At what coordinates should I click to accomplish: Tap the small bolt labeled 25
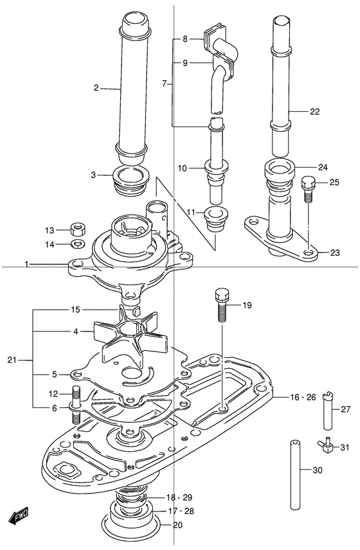click(x=308, y=189)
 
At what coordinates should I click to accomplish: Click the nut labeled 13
click(x=78, y=229)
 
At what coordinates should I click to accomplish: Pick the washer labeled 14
click(x=78, y=243)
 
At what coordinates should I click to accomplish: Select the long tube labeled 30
click(x=296, y=475)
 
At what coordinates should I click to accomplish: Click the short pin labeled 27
click(x=328, y=411)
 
